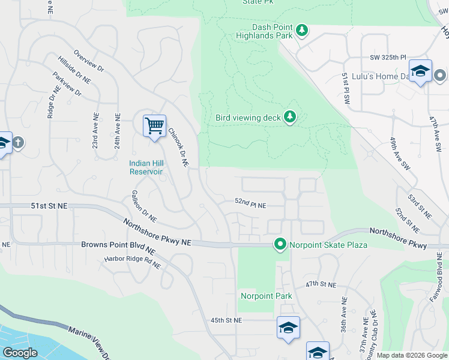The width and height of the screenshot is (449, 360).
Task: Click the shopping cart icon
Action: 155,126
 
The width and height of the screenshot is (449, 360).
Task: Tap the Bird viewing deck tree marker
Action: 290,117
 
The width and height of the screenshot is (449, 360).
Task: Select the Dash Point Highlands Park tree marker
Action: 303,31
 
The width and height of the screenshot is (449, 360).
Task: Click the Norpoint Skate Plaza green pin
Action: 280,244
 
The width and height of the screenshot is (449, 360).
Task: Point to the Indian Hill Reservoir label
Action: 146,167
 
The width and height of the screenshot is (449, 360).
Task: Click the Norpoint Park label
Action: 266,296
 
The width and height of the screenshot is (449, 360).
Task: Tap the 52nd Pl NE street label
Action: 250,205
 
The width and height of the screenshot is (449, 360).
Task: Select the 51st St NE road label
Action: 49,206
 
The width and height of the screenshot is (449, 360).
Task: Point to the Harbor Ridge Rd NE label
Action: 132,262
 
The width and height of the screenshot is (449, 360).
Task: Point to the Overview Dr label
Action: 88,61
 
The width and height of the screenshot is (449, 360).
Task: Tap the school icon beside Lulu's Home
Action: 421,71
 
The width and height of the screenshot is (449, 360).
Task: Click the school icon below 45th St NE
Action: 288,328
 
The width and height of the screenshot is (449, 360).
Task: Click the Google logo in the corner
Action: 20,353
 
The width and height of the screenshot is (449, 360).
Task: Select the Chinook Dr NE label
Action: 178,148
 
